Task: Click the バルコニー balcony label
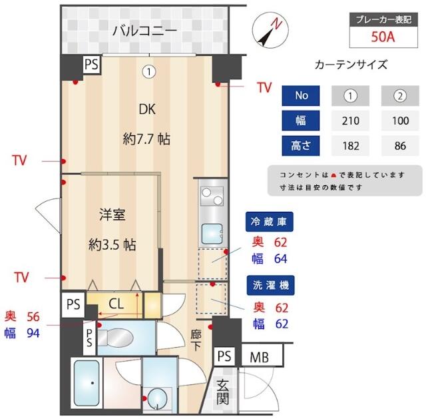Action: click(x=144, y=30)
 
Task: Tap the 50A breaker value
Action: click(x=383, y=36)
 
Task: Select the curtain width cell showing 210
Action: click(x=351, y=121)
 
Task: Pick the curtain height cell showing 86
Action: click(x=400, y=145)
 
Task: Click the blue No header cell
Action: click(x=302, y=95)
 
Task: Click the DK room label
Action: click(x=146, y=109)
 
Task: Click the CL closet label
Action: click(x=116, y=304)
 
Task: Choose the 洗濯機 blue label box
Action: click(x=270, y=285)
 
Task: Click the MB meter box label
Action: click(x=260, y=357)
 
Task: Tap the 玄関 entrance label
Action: click(x=223, y=392)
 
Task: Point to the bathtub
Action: click(x=86, y=385)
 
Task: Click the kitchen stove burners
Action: click(x=212, y=198)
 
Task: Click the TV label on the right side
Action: click(x=264, y=87)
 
